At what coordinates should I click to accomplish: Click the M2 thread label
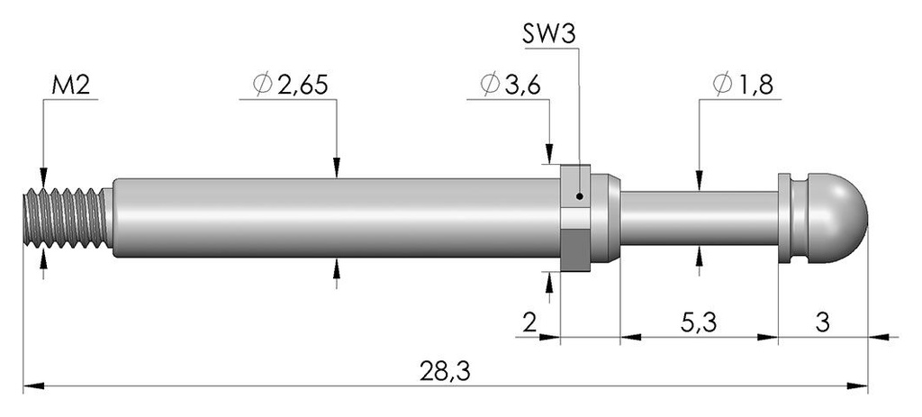point(70,86)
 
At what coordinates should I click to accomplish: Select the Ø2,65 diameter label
point(291,86)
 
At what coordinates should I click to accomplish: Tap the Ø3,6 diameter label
point(511,86)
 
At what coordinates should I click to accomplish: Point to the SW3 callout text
point(549,35)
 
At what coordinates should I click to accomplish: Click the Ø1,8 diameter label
point(743,86)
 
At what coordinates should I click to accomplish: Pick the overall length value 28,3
point(445,372)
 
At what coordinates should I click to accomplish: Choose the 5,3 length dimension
point(701,322)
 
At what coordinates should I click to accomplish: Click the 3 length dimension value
point(823,322)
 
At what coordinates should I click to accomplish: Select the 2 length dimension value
point(529,322)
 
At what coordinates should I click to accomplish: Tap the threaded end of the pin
point(66,218)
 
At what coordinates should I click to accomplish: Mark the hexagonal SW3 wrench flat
point(575,218)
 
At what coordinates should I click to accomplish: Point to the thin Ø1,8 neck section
point(699,218)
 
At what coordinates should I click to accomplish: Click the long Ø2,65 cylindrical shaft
point(336,218)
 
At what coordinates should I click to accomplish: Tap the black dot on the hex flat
point(580,196)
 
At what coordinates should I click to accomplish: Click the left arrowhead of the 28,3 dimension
point(33,386)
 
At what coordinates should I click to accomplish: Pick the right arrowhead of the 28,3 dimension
point(858,386)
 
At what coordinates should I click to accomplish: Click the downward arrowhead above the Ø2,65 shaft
point(337,167)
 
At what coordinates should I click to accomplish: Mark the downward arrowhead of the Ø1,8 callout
point(699,179)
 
